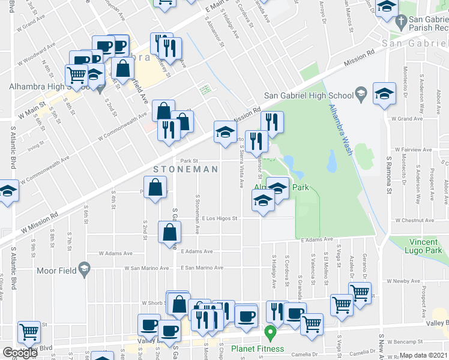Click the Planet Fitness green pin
click(270, 331)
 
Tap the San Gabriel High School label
click(309, 95)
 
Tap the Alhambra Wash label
click(339, 130)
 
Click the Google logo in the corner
click(20, 353)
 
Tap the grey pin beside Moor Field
click(84, 269)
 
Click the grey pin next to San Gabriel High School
click(361, 94)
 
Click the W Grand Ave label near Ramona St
click(406, 119)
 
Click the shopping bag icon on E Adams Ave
click(170, 232)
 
